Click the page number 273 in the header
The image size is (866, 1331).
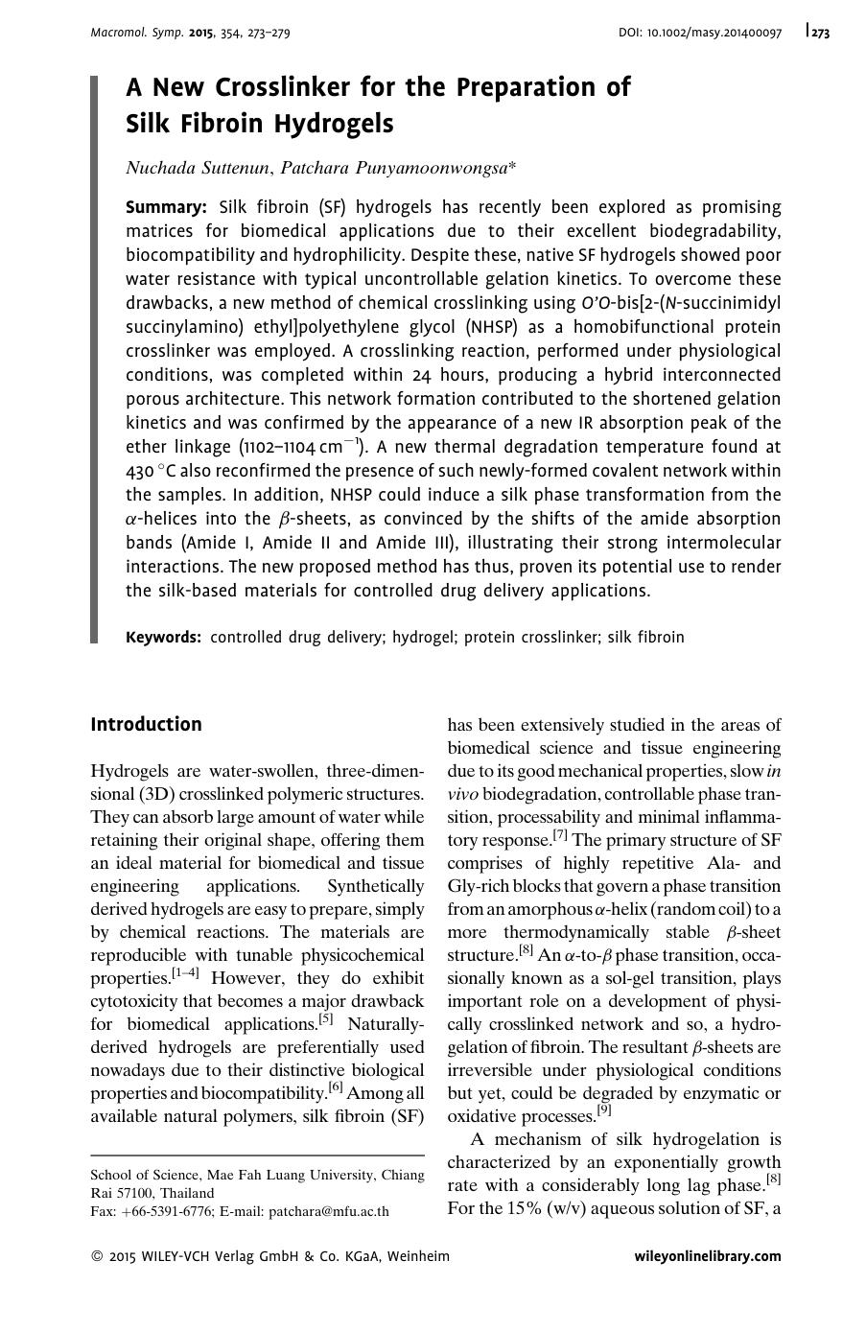tap(820, 33)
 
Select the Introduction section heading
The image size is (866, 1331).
tap(146, 724)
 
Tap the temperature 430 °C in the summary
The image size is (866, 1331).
tap(152, 471)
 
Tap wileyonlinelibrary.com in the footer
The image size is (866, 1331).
tap(708, 1256)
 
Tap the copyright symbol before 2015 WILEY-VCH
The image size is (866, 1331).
tap(97, 1256)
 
